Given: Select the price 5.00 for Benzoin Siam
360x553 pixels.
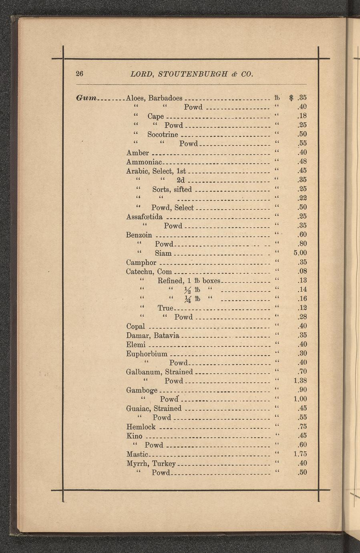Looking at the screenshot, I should click(x=300, y=253).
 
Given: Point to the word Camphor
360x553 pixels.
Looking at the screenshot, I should click(x=141, y=263).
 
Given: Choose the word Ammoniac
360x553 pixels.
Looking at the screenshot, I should click(x=143, y=162).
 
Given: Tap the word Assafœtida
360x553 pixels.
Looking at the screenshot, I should click(x=144, y=217).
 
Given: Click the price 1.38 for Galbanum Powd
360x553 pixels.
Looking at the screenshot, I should click(x=300, y=380).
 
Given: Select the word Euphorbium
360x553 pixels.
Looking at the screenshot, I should click(x=147, y=354).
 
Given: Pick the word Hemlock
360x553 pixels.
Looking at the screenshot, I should click(x=141, y=427).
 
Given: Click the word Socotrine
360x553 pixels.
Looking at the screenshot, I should click(x=163, y=134).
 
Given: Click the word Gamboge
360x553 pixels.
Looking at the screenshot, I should click(x=142, y=390).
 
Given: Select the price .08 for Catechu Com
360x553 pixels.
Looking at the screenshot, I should click(x=302, y=272).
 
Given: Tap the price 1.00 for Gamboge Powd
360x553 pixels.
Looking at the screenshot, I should click(x=300, y=399).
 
